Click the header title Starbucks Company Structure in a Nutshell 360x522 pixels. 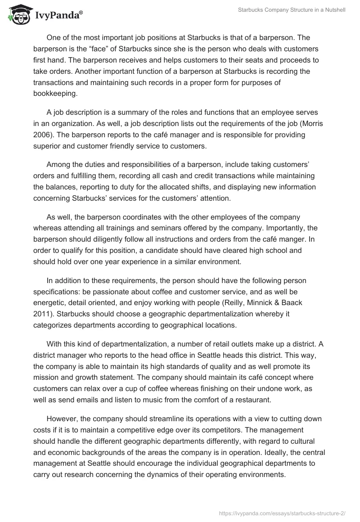[x=292, y=10]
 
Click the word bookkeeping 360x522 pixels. [x=55, y=93]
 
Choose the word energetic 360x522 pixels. [x=50, y=291]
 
